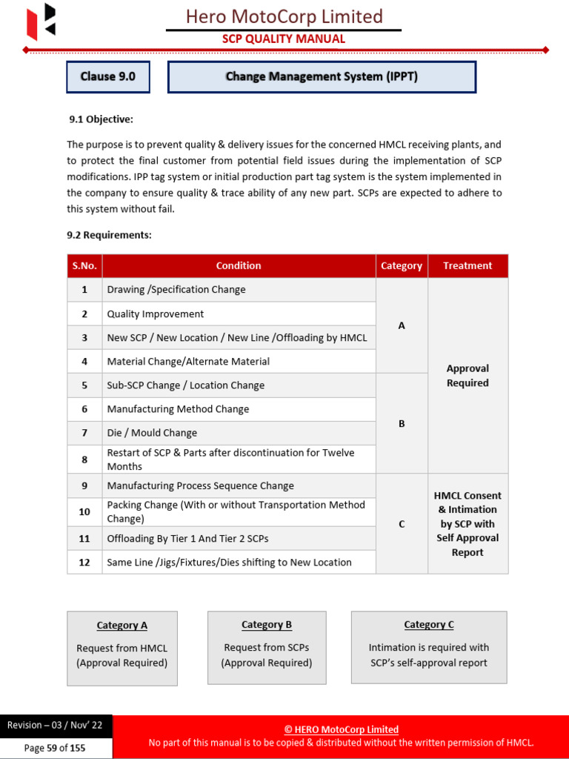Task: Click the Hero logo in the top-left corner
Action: pyautogui.click(x=41, y=21)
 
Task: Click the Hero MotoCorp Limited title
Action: pyautogui.click(x=284, y=16)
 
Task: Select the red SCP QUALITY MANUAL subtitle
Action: pyautogui.click(x=284, y=39)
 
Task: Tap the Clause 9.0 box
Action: pyautogui.click(x=108, y=77)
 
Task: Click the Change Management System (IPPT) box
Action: pyautogui.click(x=322, y=77)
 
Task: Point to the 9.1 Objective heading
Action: pyautogui.click(x=102, y=119)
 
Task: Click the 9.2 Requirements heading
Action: pyautogui.click(x=110, y=235)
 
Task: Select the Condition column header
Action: pyautogui.click(x=239, y=266)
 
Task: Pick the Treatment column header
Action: pyautogui.click(x=467, y=266)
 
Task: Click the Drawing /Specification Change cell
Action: pyautogui.click(x=176, y=290)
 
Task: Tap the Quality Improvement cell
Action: pyautogui.click(x=156, y=314)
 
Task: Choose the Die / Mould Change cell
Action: pyautogui.click(x=152, y=433)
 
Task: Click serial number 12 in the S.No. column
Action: pyautogui.click(x=84, y=563)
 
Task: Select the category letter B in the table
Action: pyautogui.click(x=402, y=424)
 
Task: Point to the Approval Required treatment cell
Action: pyautogui.click(x=467, y=376)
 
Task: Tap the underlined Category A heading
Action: pyautogui.click(x=122, y=626)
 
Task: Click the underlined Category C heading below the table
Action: pyautogui.click(x=429, y=625)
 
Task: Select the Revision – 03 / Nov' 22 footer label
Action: pyautogui.click(x=55, y=726)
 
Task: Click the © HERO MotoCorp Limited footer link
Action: pyautogui.click(x=341, y=729)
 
